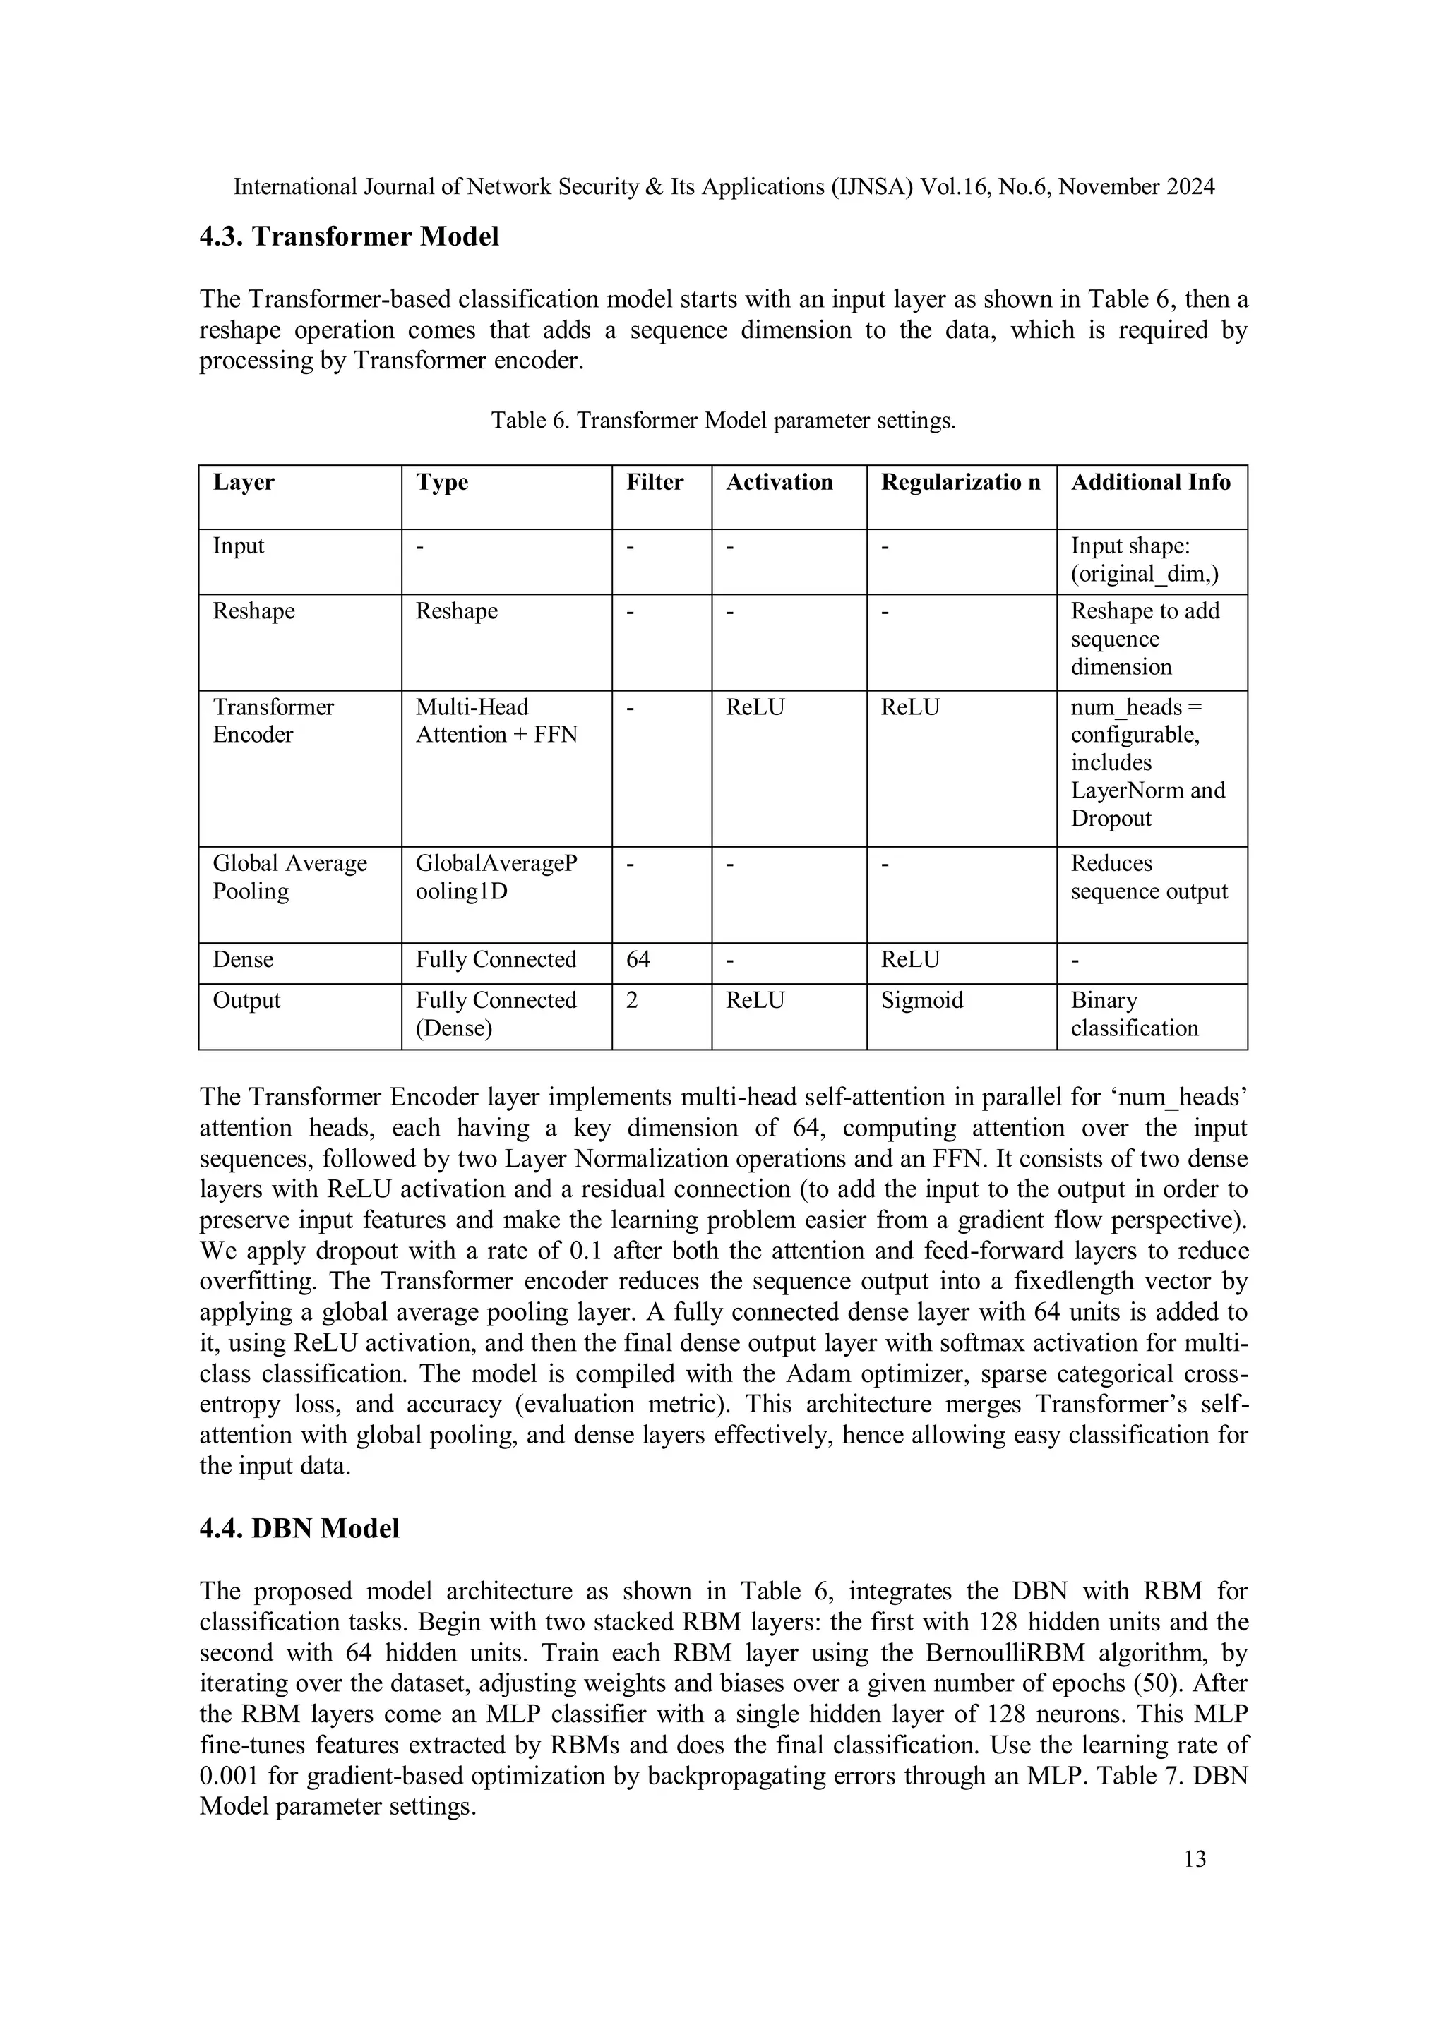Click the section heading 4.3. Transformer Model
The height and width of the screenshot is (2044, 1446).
point(349,237)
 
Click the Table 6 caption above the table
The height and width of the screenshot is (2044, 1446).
point(723,420)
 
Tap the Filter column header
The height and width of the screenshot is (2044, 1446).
point(655,483)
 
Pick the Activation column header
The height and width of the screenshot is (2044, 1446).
point(779,483)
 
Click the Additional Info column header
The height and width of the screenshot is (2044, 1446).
point(1150,483)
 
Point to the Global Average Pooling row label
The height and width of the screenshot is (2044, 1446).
point(289,877)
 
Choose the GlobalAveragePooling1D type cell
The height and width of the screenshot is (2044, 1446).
point(496,877)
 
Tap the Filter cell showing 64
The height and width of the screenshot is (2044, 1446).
point(638,960)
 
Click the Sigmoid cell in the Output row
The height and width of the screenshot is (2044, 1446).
point(921,1001)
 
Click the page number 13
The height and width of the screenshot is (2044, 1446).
point(1195,1859)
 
